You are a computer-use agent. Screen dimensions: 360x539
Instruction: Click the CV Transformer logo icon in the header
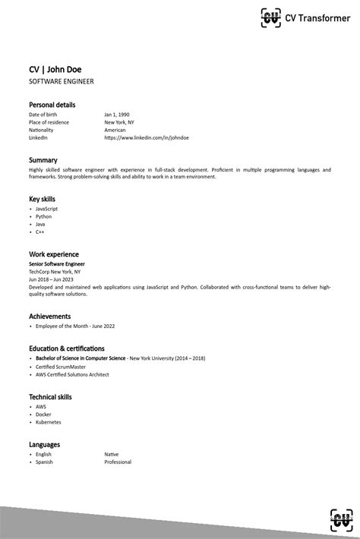tap(270, 17)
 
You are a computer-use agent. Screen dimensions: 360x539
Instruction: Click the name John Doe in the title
tap(65, 70)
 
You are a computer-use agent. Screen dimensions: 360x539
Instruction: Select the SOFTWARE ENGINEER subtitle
tap(62, 81)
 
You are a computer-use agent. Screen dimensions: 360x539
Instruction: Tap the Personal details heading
tap(52, 105)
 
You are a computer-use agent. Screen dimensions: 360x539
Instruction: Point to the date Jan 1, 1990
tap(117, 114)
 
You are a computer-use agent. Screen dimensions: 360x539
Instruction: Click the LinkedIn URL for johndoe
tap(147, 137)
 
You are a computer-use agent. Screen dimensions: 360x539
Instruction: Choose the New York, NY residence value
tap(119, 121)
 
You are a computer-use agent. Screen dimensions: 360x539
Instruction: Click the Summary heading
tap(43, 160)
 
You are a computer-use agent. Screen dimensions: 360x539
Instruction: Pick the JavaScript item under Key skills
tap(46, 208)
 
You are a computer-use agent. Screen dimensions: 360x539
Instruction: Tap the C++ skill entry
tap(40, 232)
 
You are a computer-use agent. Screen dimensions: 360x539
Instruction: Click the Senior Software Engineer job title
tap(57, 263)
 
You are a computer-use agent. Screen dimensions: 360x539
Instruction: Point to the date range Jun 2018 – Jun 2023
tap(51, 279)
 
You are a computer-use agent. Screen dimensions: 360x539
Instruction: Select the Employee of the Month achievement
tap(75, 326)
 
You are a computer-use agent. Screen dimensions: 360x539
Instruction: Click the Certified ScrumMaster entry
tap(61, 366)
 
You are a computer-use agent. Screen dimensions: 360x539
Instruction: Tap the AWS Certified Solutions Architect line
tap(72, 374)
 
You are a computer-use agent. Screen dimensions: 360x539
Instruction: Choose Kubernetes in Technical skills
tap(48, 422)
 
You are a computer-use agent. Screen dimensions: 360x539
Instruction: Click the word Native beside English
tap(112, 454)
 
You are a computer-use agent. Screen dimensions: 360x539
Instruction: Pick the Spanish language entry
tap(44, 462)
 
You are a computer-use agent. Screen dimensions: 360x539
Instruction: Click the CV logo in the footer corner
tap(341, 520)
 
